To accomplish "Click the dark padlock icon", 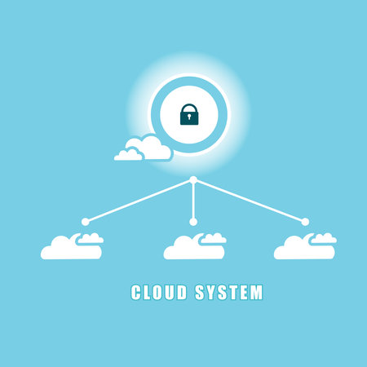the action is pos(189,114).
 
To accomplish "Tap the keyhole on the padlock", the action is pos(189,117).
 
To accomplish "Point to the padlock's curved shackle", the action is pos(189,108).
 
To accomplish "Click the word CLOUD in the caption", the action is pos(159,292).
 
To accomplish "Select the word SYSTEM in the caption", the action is pos(229,292).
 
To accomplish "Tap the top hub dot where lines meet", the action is pos(193,180).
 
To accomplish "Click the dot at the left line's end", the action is pos(86,222).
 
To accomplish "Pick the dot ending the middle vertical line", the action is pos(193,222).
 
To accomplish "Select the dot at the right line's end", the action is pos(305,222).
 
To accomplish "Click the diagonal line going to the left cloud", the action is pos(139,201).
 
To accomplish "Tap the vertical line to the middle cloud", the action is pos(193,201).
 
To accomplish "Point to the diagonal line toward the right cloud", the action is pos(250,201).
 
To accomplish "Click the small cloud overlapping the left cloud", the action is pos(91,239).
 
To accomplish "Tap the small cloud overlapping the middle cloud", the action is pos(214,239).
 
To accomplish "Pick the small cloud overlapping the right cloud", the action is pos(325,239).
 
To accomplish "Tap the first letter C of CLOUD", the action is pos(136,292).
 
